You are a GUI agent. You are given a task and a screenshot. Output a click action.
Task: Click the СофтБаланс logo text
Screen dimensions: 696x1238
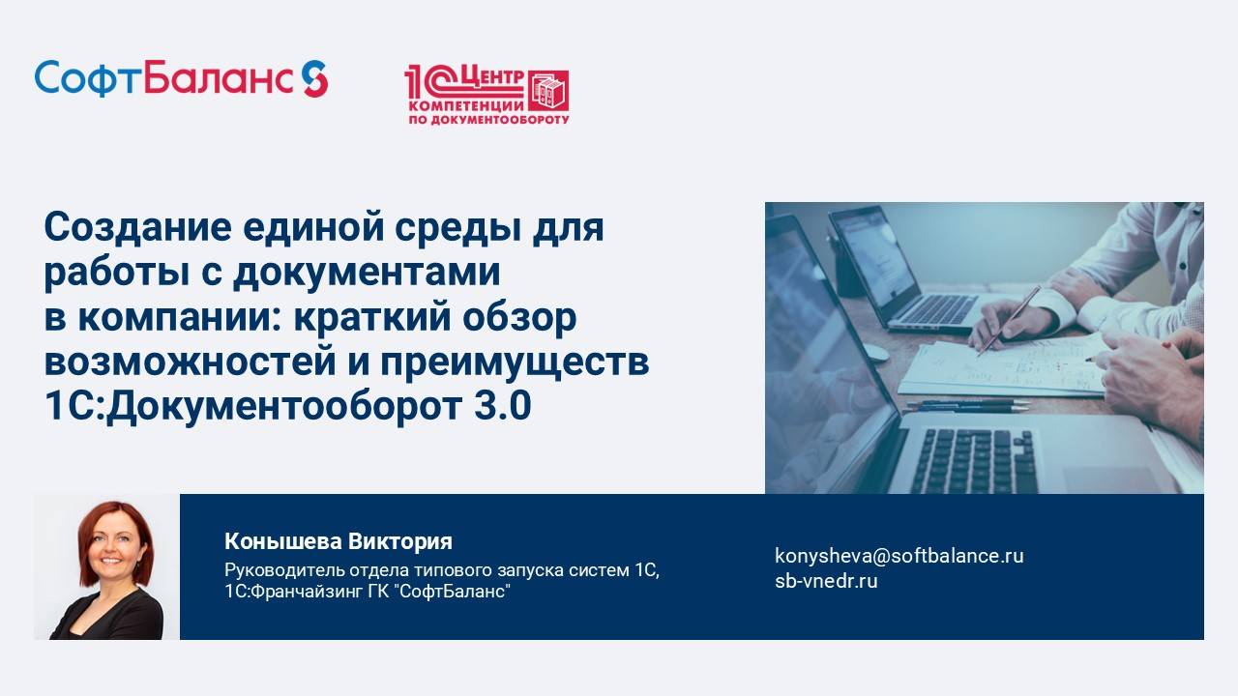pyautogui.click(x=164, y=78)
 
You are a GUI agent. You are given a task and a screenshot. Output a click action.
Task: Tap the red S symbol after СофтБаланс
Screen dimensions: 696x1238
pyautogui.click(x=314, y=78)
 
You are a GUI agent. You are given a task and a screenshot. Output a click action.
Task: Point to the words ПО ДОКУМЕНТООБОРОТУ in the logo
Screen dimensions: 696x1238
pyautogui.click(x=488, y=120)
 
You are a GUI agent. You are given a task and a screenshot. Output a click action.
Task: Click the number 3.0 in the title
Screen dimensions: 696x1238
pyautogui.click(x=502, y=407)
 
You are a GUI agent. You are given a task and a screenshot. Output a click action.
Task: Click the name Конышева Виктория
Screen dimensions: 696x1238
pyautogui.click(x=339, y=541)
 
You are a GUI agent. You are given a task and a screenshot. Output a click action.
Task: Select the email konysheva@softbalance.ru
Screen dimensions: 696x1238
pyautogui.click(x=899, y=556)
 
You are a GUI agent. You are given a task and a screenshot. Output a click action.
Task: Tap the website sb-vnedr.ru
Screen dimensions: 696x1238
pyautogui.click(x=826, y=581)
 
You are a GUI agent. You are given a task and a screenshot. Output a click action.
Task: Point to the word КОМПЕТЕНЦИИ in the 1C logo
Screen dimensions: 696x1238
pyautogui.click(x=465, y=104)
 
